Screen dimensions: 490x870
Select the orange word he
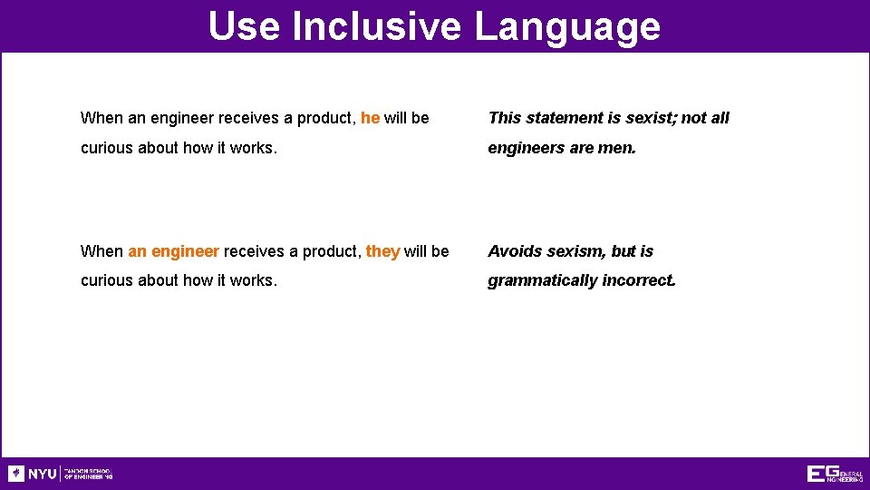[x=370, y=118]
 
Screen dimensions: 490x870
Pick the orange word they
[x=382, y=251]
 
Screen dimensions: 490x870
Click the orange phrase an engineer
[x=173, y=251]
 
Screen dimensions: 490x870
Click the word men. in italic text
[x=617, y=147]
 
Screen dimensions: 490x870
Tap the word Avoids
[x=515, y=251]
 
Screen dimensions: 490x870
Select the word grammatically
[x=541, y=280]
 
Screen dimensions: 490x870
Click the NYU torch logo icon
[x=15, y=474]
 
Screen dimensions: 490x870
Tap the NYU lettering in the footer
[x=42, y=474]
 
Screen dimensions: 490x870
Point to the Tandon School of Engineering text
[x=89, y=474]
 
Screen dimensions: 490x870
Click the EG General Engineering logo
[x=835, y=474]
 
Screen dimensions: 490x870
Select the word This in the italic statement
[x=504, y=118]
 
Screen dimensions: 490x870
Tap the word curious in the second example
[x=107, y=280]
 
